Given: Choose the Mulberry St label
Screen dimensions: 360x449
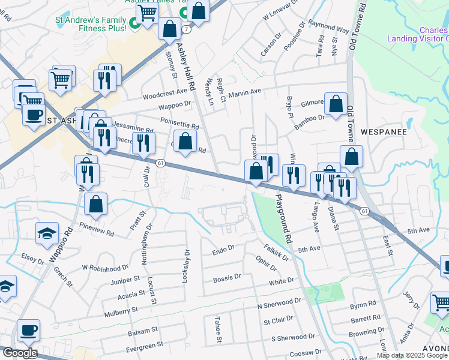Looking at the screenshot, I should (119, 310).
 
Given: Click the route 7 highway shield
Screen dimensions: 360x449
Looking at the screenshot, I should (188, 29).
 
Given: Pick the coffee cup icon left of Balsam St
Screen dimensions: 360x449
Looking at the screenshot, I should (28, 330).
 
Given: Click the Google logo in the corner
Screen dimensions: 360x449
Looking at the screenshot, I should (19, 353).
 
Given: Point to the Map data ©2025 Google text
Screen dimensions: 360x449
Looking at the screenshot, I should (412, 355).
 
